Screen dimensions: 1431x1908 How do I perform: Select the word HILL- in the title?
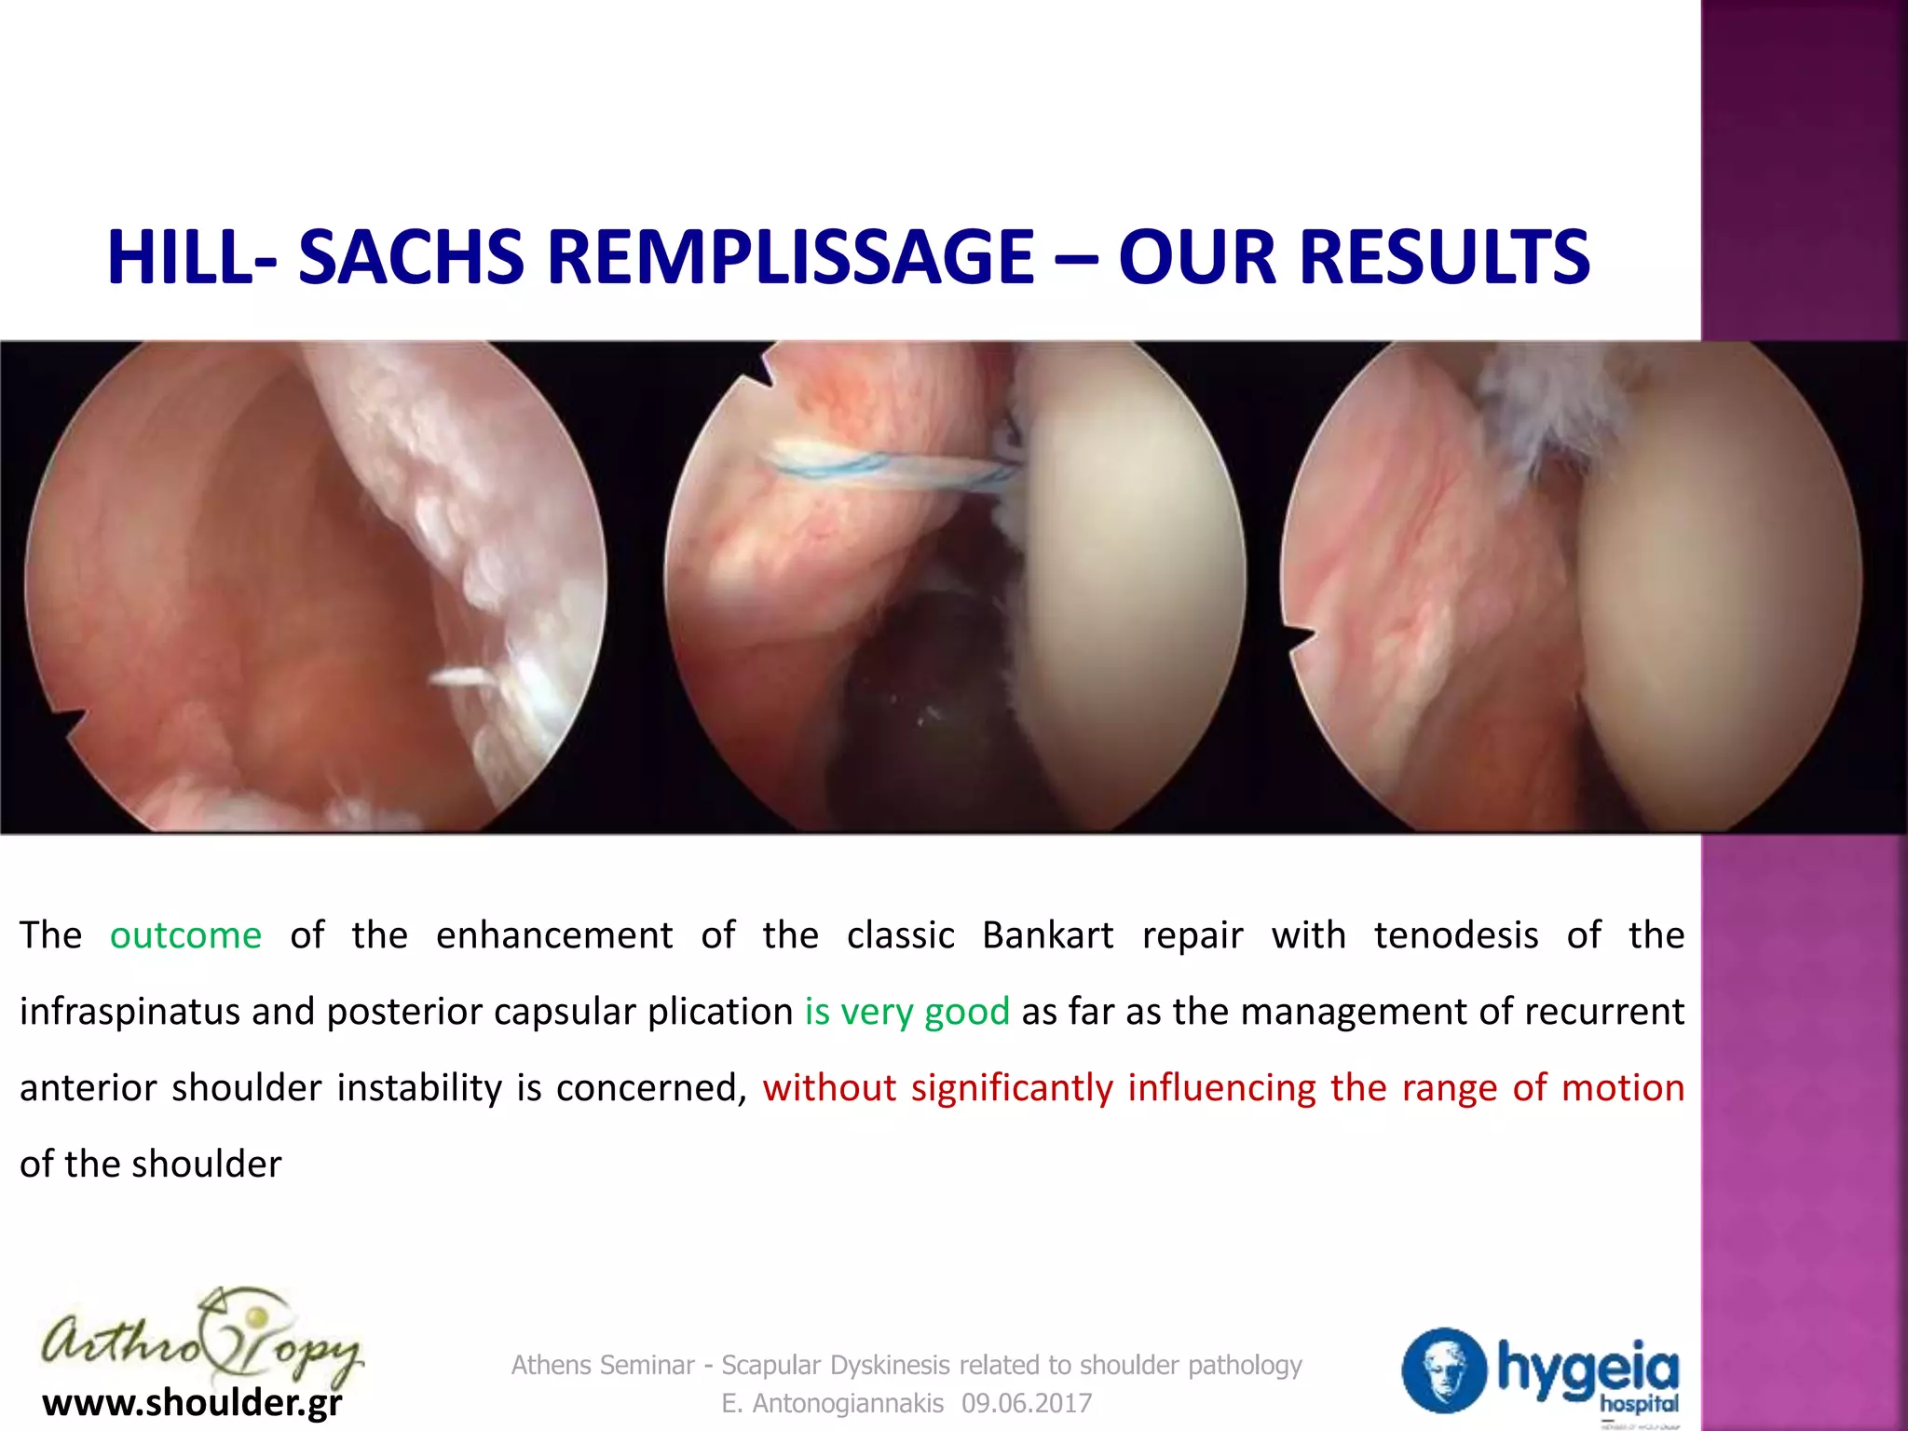point(191,258)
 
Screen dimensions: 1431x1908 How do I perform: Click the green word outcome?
point(185,935)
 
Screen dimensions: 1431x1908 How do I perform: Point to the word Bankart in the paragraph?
point(1047,935)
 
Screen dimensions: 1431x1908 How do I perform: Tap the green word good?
point(966,1012)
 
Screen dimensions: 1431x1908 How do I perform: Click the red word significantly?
point(1012,1088)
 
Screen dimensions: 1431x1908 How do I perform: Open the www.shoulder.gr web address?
point(192,1402)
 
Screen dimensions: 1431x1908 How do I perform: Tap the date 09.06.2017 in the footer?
point(1027,1403)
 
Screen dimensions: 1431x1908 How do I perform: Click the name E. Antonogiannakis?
point(832,1403)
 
